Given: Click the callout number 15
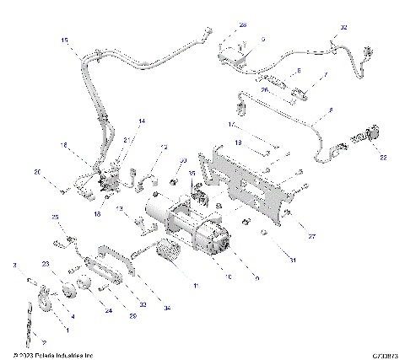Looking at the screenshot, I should point(65,40).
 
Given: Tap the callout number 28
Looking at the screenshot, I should point(243,25).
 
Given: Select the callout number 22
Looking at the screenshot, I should point(385,156).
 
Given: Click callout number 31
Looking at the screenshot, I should point(293,260).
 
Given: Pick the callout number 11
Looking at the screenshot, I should point(198,287).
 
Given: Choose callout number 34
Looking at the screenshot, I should point(167,309).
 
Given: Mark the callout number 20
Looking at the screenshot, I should point(37,172).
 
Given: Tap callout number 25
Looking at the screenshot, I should point(57,218).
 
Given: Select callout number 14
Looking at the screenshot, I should point(142,122).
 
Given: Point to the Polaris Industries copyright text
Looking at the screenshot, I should point(59,355).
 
